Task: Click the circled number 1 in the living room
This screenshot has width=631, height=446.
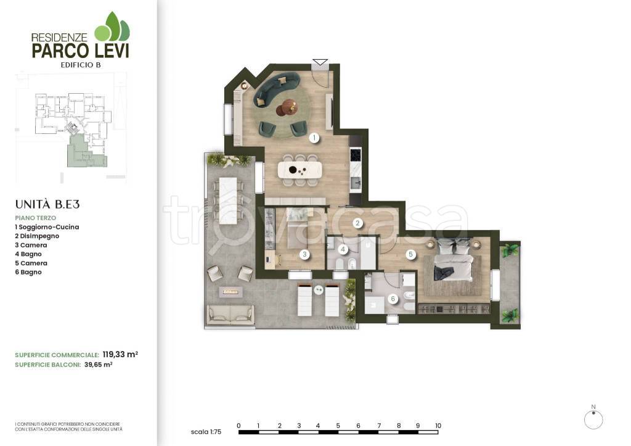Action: click(314, 138)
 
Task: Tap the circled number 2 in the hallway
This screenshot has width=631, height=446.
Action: click(357, 223)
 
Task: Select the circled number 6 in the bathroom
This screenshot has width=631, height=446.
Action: click(393, 299)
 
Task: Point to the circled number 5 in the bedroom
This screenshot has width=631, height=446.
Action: click(410, 254)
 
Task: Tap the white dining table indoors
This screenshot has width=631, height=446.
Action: click(300, 170)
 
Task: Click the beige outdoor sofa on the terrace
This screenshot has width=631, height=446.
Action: click(230, 315)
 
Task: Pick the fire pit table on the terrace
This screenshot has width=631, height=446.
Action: click(230, 291)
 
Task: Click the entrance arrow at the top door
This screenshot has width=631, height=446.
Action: click(320, 62)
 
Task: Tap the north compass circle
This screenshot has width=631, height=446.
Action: click(593, 420)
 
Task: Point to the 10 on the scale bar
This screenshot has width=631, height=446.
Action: click(438, 426)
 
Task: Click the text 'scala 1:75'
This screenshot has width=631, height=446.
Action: click(206, 432)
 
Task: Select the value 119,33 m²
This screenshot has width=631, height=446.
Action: click(120, 355)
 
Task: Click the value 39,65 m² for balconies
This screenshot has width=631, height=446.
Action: click(98, 365)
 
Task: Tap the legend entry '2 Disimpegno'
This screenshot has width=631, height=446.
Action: click(37, 236)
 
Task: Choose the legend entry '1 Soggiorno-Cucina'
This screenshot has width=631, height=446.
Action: click(47, 227)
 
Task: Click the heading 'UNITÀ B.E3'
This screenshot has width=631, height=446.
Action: click(47, 205)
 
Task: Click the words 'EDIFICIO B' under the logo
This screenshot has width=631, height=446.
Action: click(81, 65)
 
